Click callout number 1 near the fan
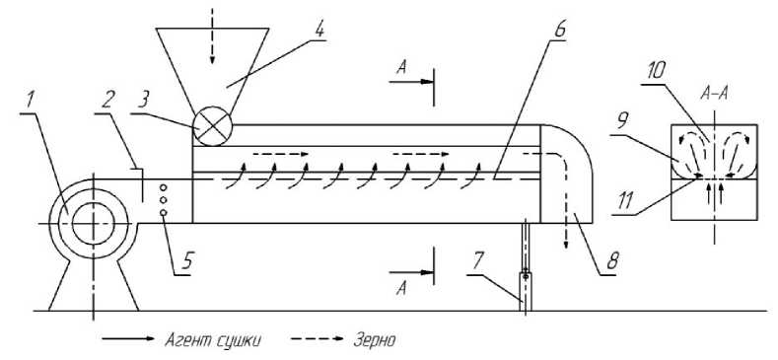pyautogui.click(x=31, y=102)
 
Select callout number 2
pyautogui.click(x=106, y=102)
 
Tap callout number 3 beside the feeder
pyautogui.click(x=144, y=102)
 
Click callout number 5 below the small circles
pyautogui.click(x=187, y=261)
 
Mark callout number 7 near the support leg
pyautogui.click(x=477, y=261)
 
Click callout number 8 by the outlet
pyautogui.click(x=612, y=261)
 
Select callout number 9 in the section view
pyautogui.click(x=623, y=120)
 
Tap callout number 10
pyautogui.click(x=656, y=71)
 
